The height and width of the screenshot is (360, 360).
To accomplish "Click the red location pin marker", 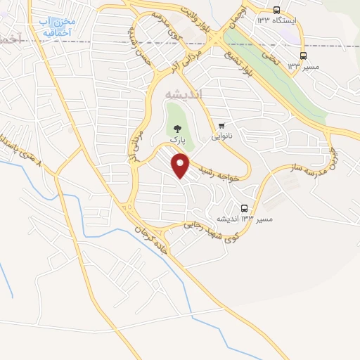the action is coord(181,166).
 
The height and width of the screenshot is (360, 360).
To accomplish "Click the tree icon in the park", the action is coord(176,129).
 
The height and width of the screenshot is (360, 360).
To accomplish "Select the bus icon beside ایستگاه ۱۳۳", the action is coord(276,11).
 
